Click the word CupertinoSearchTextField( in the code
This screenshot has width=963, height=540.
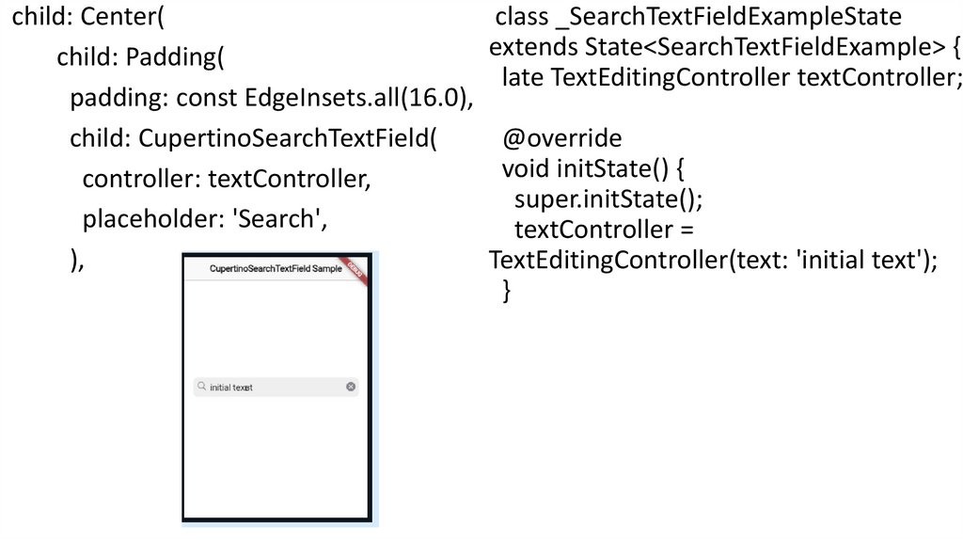pos(289,138)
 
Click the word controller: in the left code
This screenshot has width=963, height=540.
pos(141,179)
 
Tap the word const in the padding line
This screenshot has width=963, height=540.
pos(206,98)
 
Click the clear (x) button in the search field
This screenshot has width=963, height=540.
pos(351,387)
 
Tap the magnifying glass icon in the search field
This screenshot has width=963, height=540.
pos(201,386)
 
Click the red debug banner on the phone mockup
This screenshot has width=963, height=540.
pos(355,266)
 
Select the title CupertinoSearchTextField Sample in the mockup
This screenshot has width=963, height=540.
pos(276,269)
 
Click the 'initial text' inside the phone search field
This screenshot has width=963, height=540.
pos(231,388)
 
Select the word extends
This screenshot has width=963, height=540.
pos(533,46)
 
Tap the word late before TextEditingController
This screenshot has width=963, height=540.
pos(522,76)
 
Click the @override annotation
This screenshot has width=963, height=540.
pos(561,139)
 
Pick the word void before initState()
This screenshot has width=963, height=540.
pos(526,169)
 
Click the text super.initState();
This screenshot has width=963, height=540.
pos(608,199)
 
